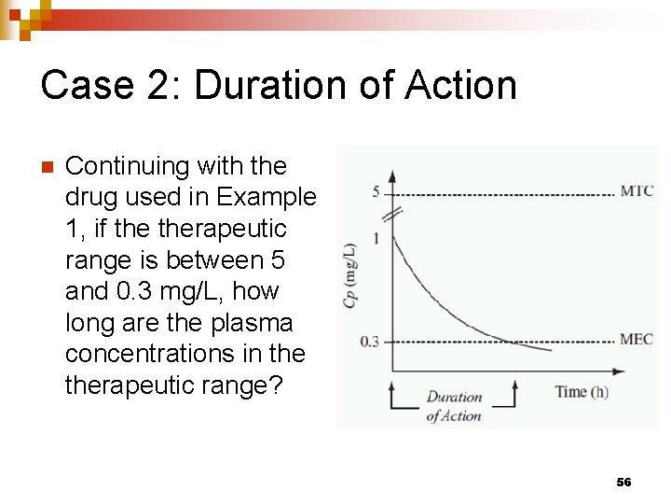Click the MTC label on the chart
tap(637, 191)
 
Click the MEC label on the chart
tap(637, 339)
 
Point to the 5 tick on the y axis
tap(375, 192)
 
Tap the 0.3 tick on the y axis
tap(370, 342)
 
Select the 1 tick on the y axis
tap(376, 238)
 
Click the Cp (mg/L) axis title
tap(350, 275)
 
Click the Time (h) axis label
tap(582, 392)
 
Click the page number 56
tap(623, 482)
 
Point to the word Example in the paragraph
tap(266, 198)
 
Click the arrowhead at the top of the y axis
tap(392, 175)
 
